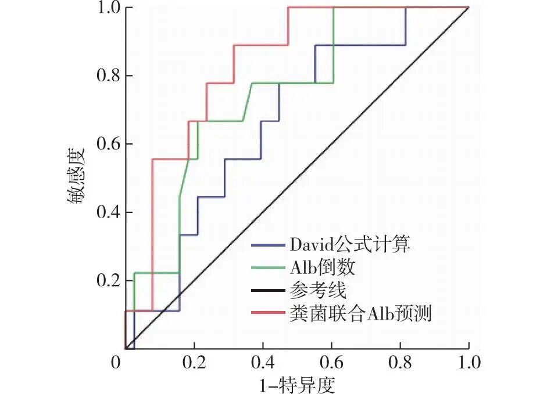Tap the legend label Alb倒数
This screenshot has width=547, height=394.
pos(322,268)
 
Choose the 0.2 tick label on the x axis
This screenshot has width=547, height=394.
pos(194,363)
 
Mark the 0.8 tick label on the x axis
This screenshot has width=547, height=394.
pos(400,363)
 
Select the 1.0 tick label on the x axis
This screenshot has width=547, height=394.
pos(469,363)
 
